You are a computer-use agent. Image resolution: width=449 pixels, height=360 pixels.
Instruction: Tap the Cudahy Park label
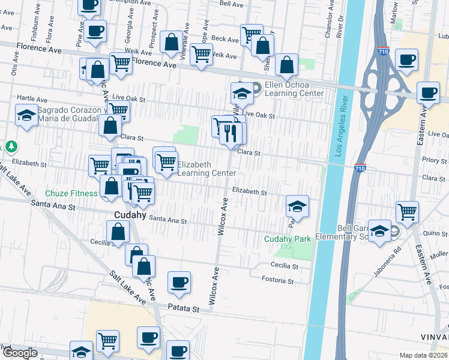click(288, 239)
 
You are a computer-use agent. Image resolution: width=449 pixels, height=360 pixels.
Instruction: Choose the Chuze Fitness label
click(71, 193)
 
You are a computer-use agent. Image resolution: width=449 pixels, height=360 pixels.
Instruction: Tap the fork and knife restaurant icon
click(231, 132)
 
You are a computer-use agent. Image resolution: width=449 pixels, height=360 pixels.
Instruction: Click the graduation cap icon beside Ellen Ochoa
click(241, 93)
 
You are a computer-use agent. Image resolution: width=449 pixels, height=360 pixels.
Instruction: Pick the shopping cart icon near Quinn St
click(407, 211)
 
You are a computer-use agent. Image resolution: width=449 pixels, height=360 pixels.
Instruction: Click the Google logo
click(20, 353)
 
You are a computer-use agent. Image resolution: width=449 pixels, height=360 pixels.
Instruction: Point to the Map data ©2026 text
click(424, 355)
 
